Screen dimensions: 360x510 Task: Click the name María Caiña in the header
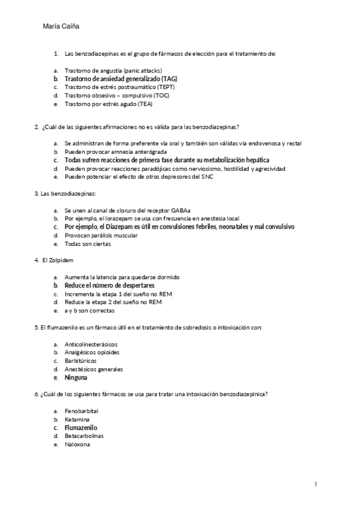61,26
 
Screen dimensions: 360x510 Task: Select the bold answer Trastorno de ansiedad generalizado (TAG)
121,79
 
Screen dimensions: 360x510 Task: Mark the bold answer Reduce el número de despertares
110,285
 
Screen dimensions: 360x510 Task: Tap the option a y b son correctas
90,310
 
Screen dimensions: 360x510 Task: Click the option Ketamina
77,419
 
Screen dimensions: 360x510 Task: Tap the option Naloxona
78,444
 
